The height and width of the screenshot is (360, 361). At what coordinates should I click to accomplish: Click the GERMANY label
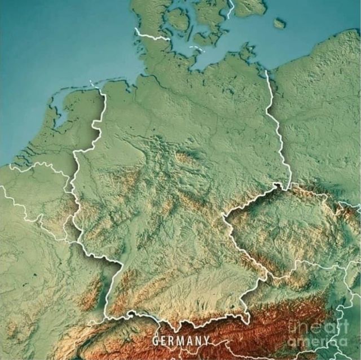point(180,340)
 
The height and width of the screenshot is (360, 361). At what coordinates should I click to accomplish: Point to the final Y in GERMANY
point(206,340)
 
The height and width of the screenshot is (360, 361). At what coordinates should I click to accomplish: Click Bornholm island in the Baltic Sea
point(279,23)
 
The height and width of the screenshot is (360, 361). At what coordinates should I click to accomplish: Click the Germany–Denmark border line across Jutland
point(152,37)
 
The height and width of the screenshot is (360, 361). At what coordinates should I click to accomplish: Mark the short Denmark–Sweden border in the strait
point(230,8)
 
